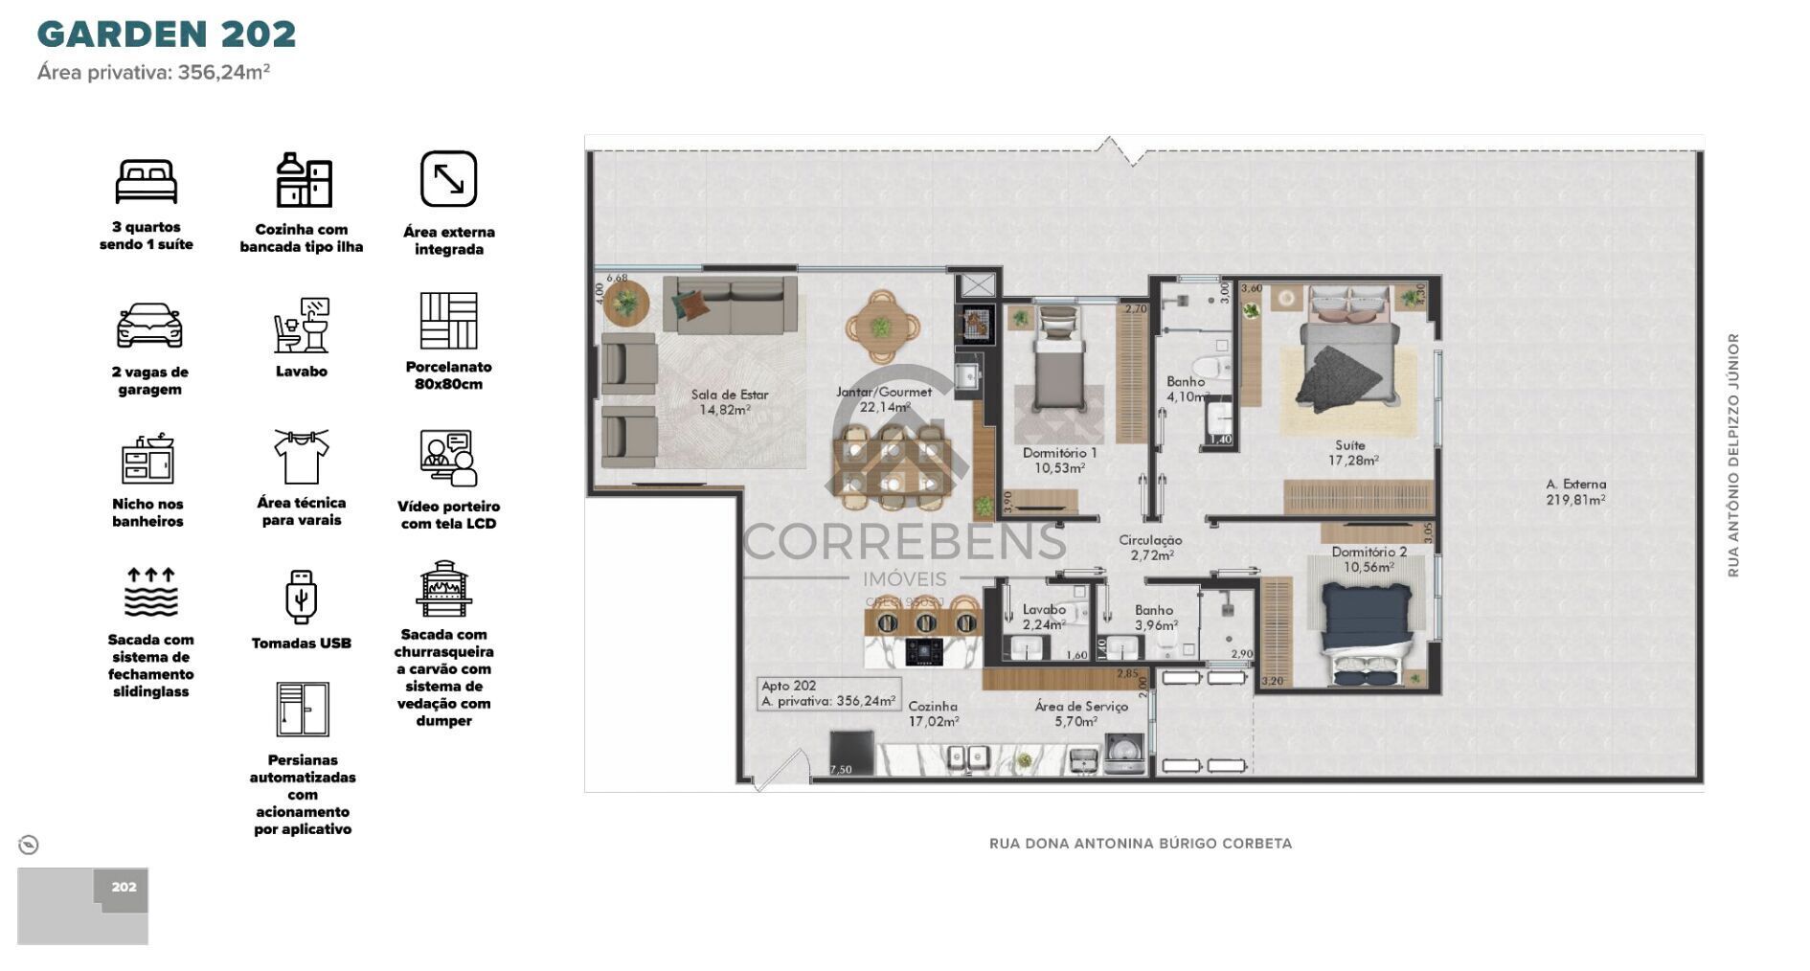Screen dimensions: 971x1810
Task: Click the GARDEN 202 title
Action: pyautogui.click(x=167, y=34)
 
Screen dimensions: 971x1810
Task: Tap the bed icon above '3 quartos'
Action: pyautogui.click(x=147, y=181)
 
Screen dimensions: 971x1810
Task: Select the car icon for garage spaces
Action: pyautogui.click(x=149, y=326)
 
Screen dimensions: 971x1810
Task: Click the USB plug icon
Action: pyautogui.click(x=301, y=596)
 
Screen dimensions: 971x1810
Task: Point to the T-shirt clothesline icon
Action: pyautogui.click(x=301, y=457)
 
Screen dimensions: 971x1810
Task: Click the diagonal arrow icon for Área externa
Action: pyautogui.click(x=448, y=179)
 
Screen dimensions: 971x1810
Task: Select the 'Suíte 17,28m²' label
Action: pyautogui.click(x=1352, y=453)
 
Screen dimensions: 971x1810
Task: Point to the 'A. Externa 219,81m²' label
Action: pyautogui.click(x=1575, y=491)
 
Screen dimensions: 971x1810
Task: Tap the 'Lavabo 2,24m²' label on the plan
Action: pyautogui.click(x=1043, y=617)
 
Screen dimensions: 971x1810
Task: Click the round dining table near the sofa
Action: pyautogui.click(x=881, y=327)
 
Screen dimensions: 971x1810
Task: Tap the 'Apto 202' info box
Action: pyautogui.click(x=828, y=693)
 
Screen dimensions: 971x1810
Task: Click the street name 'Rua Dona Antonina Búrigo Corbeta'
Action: pyautogui.click(x=1140, y=844)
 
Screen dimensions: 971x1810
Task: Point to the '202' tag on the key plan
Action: pyautogui.click(x=124, y=887)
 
